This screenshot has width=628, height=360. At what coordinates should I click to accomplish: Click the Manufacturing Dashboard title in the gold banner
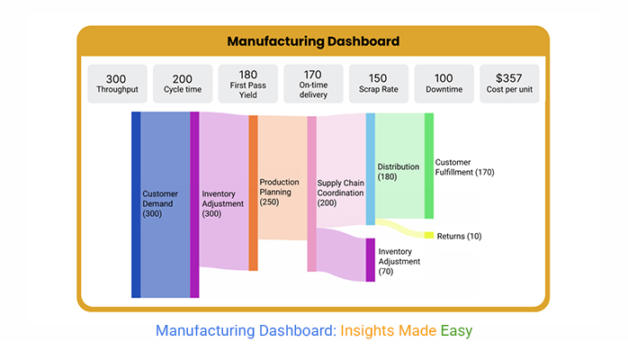(x=313, y=41)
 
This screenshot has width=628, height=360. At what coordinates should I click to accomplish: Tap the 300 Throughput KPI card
(x=117, y=83)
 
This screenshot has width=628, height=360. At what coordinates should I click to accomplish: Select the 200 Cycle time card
(x=183, y=83)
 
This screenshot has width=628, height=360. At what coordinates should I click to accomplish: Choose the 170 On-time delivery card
(x=313, y=83)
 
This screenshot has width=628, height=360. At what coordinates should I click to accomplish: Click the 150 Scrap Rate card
(x=378, y=83)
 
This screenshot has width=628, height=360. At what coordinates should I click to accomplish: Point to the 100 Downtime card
(x=444, y=83)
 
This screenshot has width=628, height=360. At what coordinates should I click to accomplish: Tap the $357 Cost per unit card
(x=509, y=83)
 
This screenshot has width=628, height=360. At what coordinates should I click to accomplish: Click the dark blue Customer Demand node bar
(x=136, y=204)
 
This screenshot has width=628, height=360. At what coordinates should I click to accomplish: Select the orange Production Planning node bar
(x=254, y=193)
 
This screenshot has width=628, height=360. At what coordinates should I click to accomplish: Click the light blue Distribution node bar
(x=371, y=168)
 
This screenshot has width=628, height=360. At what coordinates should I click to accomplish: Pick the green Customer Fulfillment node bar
(x=429, y=166)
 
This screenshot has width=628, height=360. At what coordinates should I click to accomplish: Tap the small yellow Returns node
(x=429, y=235)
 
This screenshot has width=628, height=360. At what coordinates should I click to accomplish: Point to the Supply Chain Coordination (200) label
(x=340, y=193)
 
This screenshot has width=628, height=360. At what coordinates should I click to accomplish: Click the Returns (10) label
(x=459, y=236)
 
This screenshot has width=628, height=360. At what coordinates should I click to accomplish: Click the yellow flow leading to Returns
(x=400, y=227)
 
